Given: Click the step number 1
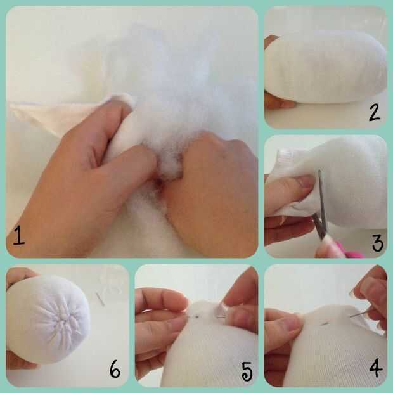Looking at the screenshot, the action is click(x=19, y=236).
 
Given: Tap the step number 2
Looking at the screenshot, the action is click(x=375, y=113).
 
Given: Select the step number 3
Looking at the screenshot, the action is click(x=378, y=243).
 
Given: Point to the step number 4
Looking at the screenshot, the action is click(x=376, y=368).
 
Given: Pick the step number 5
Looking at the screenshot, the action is click(x=247, y=371).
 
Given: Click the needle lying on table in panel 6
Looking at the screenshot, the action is click(x=100, y=299).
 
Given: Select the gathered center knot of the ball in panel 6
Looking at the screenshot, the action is click(x=65, y=320).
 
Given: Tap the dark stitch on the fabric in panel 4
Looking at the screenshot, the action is click(x=325, y=324).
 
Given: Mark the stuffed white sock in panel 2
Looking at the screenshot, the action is click(x=326, y=67).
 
